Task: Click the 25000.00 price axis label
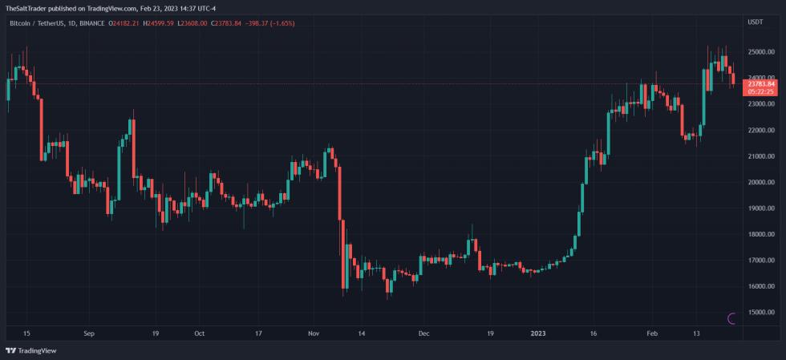[759, 52]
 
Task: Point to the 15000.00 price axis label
[759, 313]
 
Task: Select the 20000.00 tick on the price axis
[759, 182]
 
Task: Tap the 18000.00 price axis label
[759, 234]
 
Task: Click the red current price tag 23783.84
[760, 83]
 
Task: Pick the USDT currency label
[754, 23]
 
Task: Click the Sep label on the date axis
[89, 333]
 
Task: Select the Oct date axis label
[200, 333]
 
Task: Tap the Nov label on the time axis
[313, 333]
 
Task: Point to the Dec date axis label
[423, 333]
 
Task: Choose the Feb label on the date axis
[652, 333]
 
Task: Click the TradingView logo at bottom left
[25, 351]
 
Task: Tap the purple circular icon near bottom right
[731, 318]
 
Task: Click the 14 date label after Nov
[362, 333]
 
